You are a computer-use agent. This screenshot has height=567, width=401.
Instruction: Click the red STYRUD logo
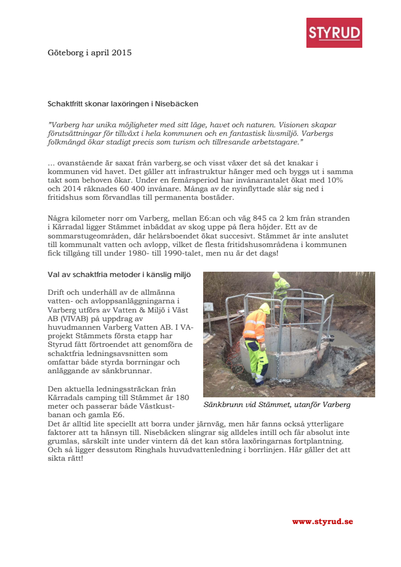(334, 33)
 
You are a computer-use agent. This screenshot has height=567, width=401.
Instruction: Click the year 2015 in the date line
(121, 53)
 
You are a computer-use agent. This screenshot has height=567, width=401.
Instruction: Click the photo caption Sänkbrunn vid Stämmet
(277, 405)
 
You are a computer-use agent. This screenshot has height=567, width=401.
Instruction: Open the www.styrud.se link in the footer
(322, 521)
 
